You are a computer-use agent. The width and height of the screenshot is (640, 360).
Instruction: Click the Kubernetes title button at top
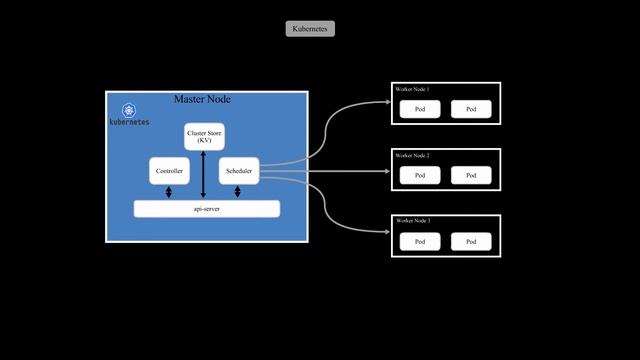(310, 29)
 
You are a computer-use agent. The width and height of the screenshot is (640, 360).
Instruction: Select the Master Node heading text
(203, 99)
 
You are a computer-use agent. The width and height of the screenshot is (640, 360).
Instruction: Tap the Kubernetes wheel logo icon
(129, 109)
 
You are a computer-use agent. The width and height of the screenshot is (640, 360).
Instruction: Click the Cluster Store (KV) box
(204, 137)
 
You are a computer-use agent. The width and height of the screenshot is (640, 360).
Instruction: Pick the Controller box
(168, 171)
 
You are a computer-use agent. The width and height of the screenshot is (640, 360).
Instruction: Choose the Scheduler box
(238, 171)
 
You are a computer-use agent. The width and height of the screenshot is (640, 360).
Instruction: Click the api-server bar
(206, 208)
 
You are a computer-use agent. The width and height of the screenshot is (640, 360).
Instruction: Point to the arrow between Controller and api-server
(168, 192)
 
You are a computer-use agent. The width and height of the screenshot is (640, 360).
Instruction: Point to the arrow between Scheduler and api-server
(238, 192)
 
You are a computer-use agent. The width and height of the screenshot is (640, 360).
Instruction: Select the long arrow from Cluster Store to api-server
(204, 175)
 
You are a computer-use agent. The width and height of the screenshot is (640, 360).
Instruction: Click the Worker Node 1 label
(413, 90)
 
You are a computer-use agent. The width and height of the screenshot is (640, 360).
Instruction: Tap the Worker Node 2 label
(413, 156)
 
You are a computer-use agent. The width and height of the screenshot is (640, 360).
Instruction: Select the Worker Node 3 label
(413, 220)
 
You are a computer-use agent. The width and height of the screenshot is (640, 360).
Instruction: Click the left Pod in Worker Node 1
(420, 109)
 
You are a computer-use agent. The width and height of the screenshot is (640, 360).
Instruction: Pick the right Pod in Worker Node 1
(471, 109)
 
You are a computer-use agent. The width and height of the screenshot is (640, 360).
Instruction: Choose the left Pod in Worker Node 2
(420, 175)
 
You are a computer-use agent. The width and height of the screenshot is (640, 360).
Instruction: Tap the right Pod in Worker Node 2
(471, 175)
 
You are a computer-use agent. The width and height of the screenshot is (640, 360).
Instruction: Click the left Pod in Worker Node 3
(420, 241)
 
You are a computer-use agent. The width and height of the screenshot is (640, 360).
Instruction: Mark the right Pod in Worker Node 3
(471, 241)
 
